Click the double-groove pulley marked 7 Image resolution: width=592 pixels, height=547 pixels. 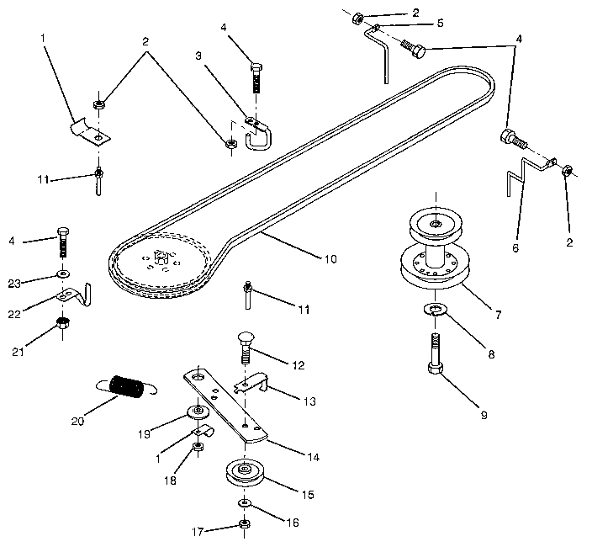point(436,252)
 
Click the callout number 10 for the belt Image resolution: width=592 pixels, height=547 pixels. point(330,259)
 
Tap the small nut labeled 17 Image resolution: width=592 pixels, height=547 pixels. point(244,523)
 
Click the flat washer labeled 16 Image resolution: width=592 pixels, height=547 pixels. point(244,502)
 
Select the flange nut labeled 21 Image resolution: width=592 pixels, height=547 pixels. point(61,322)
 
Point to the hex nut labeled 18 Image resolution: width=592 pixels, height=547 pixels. point(197,446)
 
